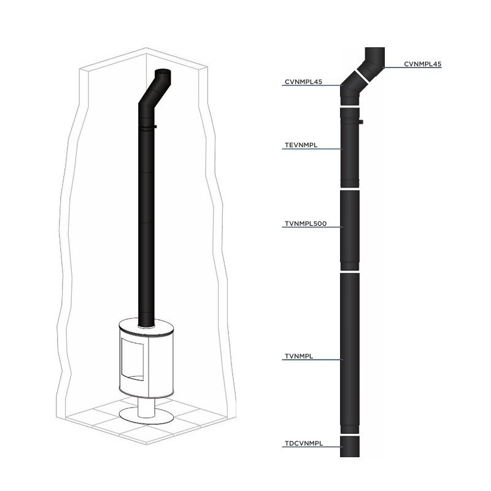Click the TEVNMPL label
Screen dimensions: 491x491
click(x=300, y=145)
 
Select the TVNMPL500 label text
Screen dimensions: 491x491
click(x=305, y=224)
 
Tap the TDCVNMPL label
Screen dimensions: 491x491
click(x=304, y=443)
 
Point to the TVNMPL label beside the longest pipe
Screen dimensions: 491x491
click(x=300, y=356)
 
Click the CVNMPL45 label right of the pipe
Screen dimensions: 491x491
click(x=423, y=63)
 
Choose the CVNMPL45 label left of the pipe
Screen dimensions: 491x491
click(x=303, y=81)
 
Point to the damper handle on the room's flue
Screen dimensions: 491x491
click(x=155, y=127)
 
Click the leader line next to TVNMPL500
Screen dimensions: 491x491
click(x=335, y=227)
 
